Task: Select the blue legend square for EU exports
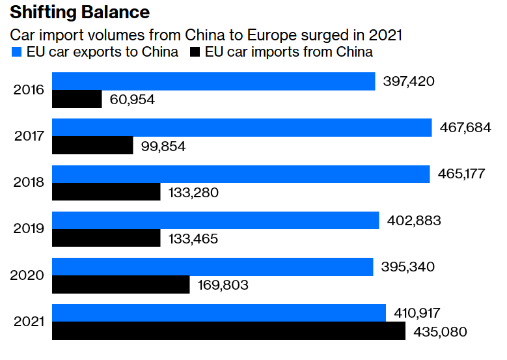coord(15,52)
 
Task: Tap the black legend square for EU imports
coord(194,52)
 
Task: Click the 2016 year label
coord(29,90)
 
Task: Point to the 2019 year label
coord(29,228)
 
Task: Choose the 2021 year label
coord(29,322)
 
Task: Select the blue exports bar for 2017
coord(241,128)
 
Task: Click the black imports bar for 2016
coord(77,99)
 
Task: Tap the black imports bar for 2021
coord(228,331)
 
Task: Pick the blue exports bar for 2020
coord(212,267)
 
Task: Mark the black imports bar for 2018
coord(106,192)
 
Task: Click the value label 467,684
coord(465,128)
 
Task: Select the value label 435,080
coord(440,331)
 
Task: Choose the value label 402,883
coord(413,220)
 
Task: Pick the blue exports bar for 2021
coord(219,313)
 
